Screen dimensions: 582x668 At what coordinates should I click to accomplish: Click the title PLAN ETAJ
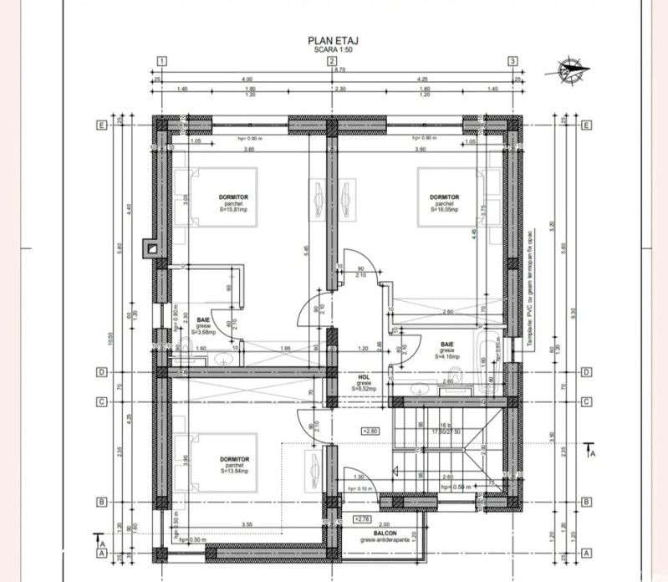click(x=330, y=39)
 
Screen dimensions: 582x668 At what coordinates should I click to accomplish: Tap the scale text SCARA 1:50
click(x=330, y=49)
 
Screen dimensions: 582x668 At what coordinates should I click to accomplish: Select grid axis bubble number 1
click(x=161, y=61)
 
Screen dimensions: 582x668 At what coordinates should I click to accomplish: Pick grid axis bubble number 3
click(x=512, y=61)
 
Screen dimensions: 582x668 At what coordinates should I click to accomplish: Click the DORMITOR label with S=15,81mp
click(x=233, y=203)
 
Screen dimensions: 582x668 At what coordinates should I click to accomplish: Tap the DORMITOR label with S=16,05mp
click(x=444, y=203)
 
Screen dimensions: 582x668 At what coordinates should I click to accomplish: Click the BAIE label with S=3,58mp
click(x=203, y=324)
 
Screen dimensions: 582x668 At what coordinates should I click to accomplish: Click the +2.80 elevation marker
click(x=369, y=431)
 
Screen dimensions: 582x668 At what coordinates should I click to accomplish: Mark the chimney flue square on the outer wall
click(x=151, y=247)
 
